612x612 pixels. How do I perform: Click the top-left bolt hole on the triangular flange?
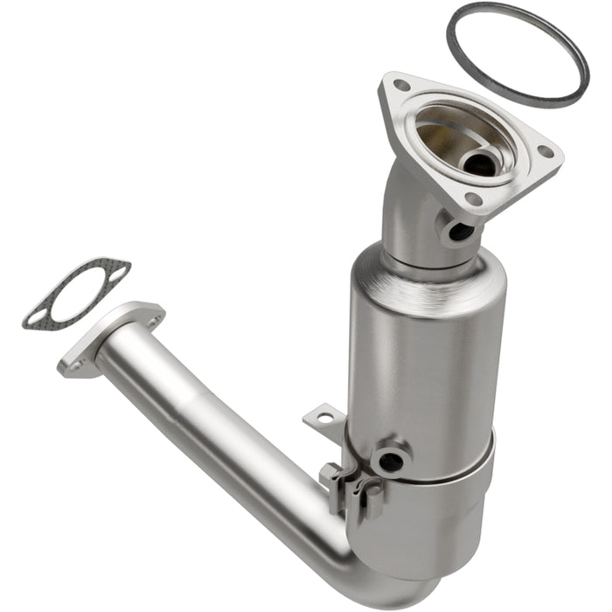click(400, 86)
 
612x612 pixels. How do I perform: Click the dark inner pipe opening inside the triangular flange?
click(478, 162)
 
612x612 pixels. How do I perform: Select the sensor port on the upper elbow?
click(459, 231)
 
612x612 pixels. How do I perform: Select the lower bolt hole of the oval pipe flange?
click(76, 365)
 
